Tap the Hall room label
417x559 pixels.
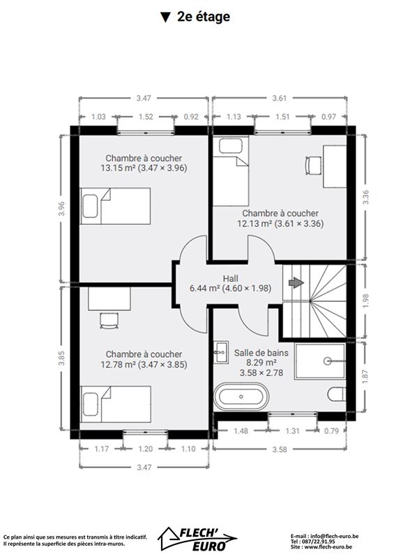pyautogui.click(x=231, y=278)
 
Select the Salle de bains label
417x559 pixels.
pyautogui.click(x=261, y=353)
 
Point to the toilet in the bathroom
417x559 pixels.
pyautogui.click(x=336, y=394)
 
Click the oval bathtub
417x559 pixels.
pyautogui.click(x=241, y=396)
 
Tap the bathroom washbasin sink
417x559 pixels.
pyautogui.click(x=221, y=352)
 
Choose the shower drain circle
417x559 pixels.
pyautogui.click(x=327, y=361)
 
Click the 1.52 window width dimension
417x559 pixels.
pyautogui.click(x=146, y=117)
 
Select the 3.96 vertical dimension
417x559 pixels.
pyautogui.click(x=62, y=208)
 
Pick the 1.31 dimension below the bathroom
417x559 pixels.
pyautogui.click(x=292, y=431)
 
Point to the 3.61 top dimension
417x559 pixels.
pyautogui.click(x=280, y=98)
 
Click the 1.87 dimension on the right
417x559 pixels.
pyautogui.click(x=366, y=377)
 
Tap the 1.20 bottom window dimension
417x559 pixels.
pyautogui.click(x=145, y=449)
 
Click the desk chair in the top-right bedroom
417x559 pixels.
pyautogui.click(x=313, y=166)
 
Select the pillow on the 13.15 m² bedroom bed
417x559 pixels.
pyautogui.click(x=90, y=206)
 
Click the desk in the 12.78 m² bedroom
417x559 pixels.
pyautogui.click(x=109, y=299)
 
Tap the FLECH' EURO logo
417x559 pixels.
pyautogui.click(x=198, y=538)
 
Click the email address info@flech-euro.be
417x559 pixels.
pyautogui.click(x=335, y=536)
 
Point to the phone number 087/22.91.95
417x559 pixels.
pyautogui.click(x=317, y=541)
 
